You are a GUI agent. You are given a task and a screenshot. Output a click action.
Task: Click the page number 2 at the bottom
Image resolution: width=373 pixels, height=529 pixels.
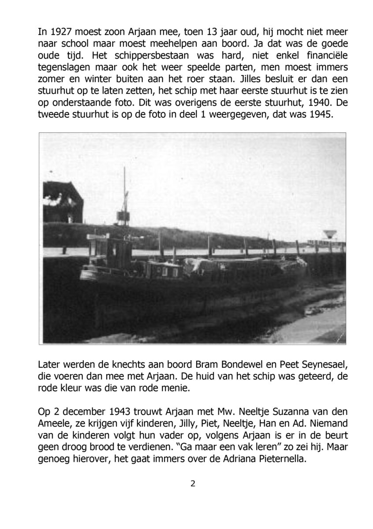pyautogui.click(x=192, y=484)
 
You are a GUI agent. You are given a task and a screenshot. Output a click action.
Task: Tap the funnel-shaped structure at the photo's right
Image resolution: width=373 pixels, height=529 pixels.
pyautogui.click(x=328, y=235)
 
